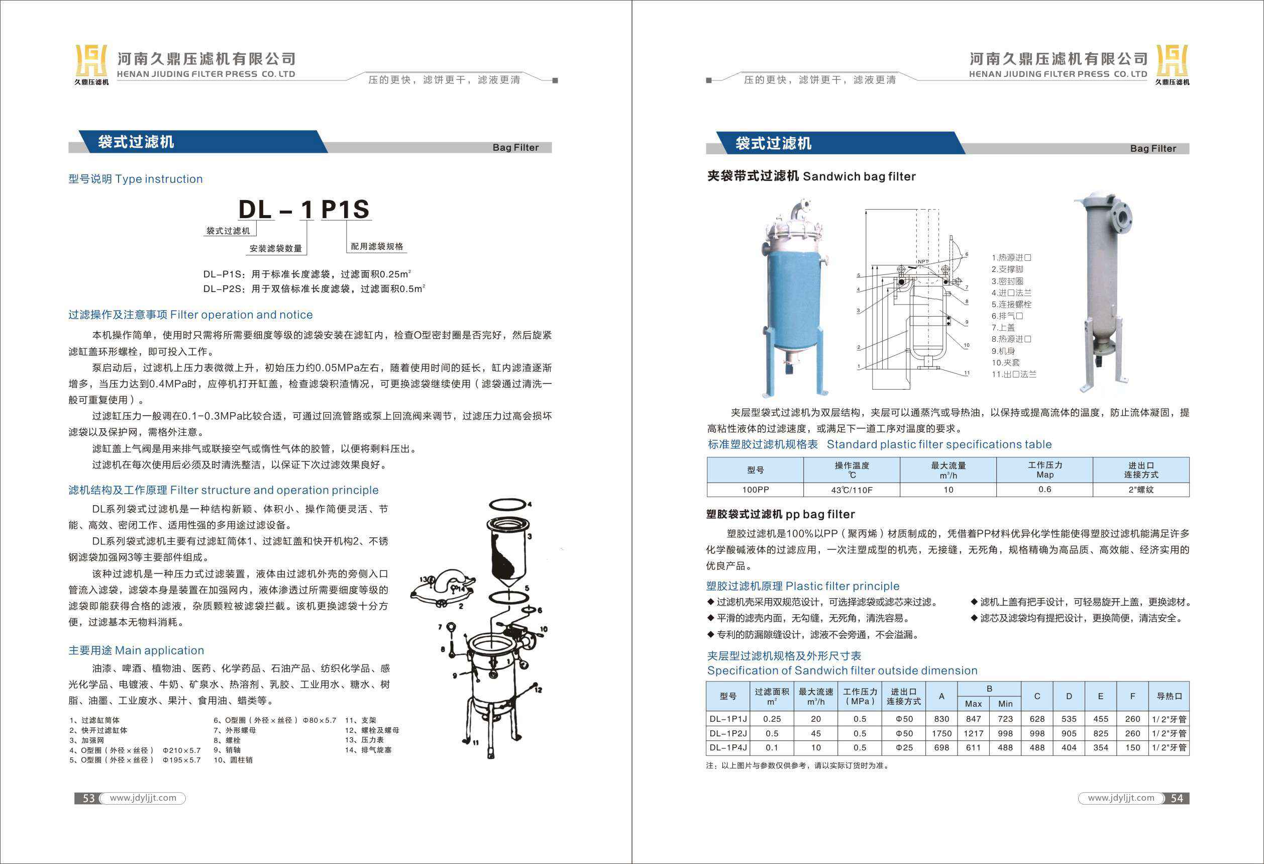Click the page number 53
pyautogui.click(x=88, y=798)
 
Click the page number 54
pyautogui.click(x=1177, y=798)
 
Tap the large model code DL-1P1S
pyautogui.click(x=304, y=210)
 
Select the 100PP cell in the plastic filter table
pyautogui.click(x=755, y=490)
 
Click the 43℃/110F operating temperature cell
pyautogui.click(x=851, y=490)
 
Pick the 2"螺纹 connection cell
pyautogui.click(x=1140, y=490)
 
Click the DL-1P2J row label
pyautogui.click(x=728, y=733)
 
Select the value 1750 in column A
pyautogui.click(x=941, y=733)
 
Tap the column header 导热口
pyautogui.click(x=1169, y=696)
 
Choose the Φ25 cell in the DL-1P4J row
pyautogui.click(x=904, y=747)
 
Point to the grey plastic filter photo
pyautogui.click(x=1104, y=291)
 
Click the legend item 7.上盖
pyautogui.click(x=1003, y=328)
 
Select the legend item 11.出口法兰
pyautogui.click(x=1013, y=374)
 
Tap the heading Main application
pyautogui.click(x=136, y=650)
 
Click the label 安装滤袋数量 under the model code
pyautogui.click(x=275, y=249)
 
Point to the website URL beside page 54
pyautogui.click(x=1120, y=798)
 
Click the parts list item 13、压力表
pyautogui.click(x=364, y=740)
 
